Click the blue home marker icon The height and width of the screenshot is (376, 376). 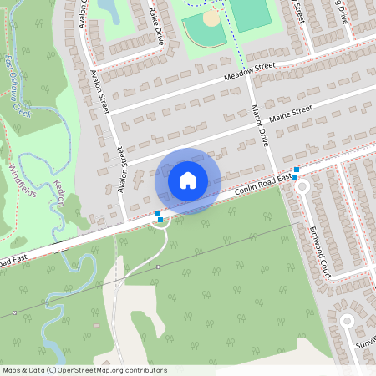pos(188,180)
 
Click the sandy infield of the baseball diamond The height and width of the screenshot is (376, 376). pos(211,17)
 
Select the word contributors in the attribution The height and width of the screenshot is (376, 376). pos(147,369)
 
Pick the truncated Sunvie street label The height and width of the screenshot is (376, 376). pos(365,344)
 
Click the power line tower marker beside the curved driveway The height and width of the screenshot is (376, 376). pos(158,267)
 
